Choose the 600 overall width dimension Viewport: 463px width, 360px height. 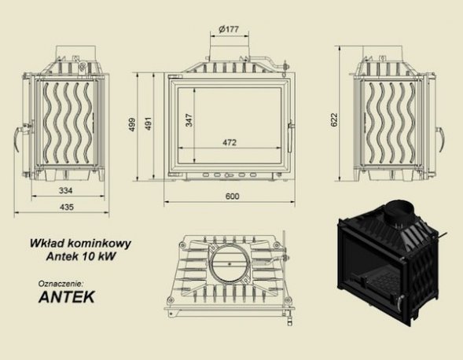coord(233,197)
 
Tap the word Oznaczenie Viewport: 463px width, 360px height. coord(60,281)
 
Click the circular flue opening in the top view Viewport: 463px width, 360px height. coord(231,263)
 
